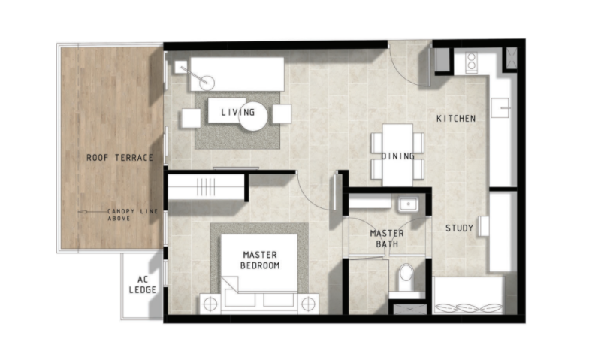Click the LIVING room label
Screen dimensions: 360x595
pos(237,113)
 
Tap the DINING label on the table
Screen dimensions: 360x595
pos(397,156)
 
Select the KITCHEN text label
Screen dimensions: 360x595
pos(456,119)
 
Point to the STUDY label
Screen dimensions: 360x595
pos(459,228)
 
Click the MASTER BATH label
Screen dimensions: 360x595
pos(387,239)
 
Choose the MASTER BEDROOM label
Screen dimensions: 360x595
pos(260,260)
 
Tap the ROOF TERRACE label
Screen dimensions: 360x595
pos(119,158)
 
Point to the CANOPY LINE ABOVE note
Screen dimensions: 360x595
pos(132,215)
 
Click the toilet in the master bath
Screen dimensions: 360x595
pos(406,276)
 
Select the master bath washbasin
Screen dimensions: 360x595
pos(408,203)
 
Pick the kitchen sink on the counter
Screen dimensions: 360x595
pos(500,110)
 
